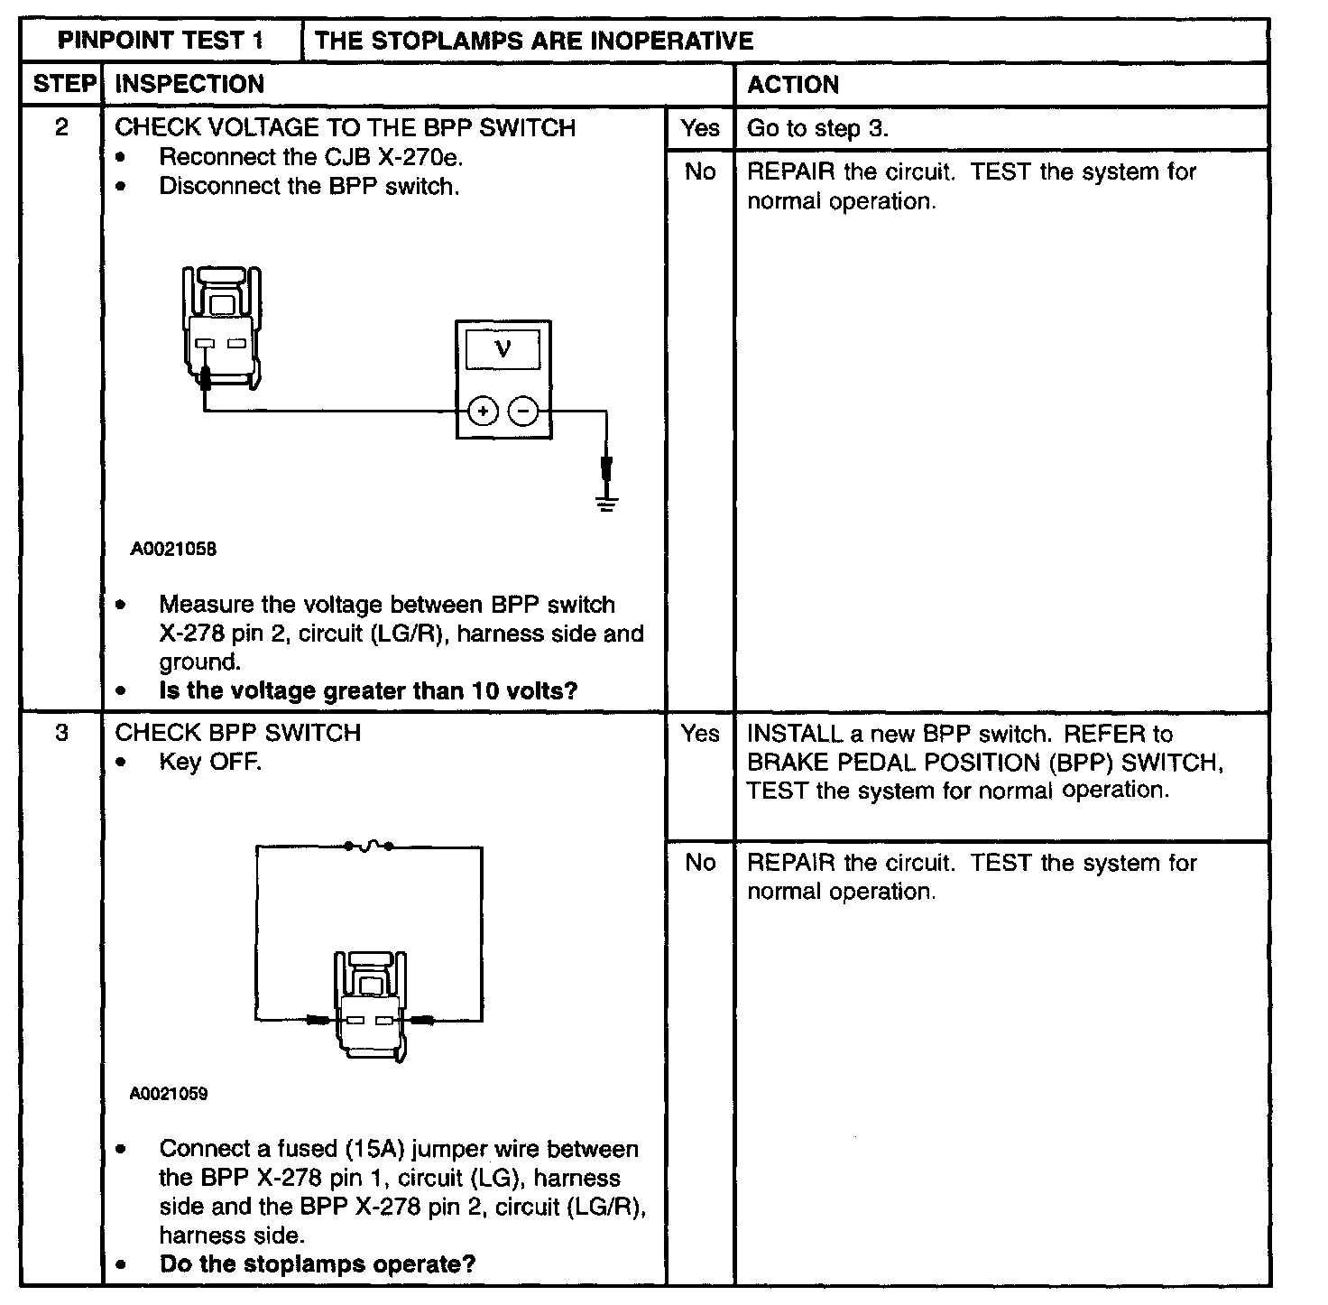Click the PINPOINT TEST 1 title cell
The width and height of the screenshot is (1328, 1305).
click(161, 41)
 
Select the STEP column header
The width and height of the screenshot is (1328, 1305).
click(62, 84)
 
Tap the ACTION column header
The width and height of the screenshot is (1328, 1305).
click(793, 85)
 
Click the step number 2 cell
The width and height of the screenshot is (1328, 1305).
click(61, 127)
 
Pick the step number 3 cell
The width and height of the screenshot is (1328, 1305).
click(61, 733)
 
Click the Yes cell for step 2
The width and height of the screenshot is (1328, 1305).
click(700, 128)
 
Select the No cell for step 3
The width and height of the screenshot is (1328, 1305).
click(700, 863)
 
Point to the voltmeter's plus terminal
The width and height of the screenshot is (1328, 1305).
click(484, 412)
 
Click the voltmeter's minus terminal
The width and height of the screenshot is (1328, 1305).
click(523, 412)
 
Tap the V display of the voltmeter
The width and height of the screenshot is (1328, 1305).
click(503, 348)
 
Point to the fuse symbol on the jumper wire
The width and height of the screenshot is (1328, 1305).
click(368, 846)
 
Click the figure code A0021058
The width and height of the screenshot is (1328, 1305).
click(173, 549)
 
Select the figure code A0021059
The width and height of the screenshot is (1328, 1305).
click(169, 1094)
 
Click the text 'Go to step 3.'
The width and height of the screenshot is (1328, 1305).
click(817, 128)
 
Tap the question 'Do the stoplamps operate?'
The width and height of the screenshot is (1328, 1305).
click(317, 1263)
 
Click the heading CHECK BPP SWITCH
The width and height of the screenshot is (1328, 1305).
click(238, 733)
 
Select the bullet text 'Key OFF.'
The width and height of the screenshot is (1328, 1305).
click(210, 762)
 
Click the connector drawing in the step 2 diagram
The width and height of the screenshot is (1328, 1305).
click(221, 329)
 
